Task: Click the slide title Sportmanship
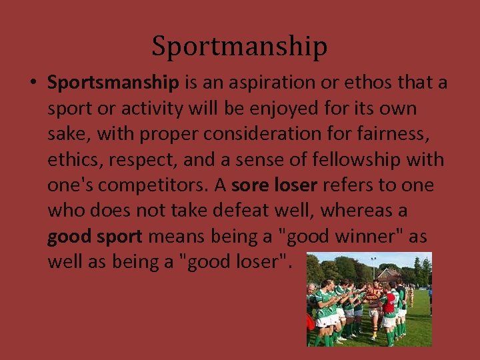click(239, 47)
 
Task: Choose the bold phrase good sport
click(95, 236)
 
